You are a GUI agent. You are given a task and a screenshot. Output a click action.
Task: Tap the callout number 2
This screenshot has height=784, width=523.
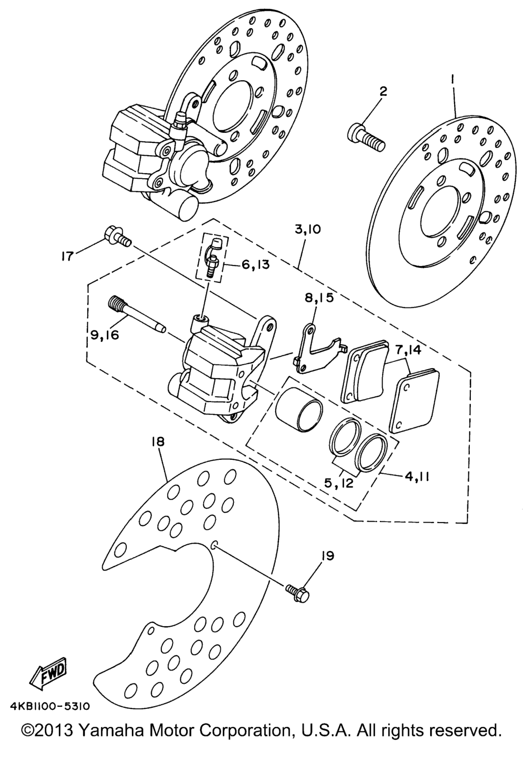384,92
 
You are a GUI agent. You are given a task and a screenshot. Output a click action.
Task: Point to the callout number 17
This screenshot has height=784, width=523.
67,257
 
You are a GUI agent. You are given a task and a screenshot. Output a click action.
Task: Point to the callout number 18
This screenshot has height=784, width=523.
158,442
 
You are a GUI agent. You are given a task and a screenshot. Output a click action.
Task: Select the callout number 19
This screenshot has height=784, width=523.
327,556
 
